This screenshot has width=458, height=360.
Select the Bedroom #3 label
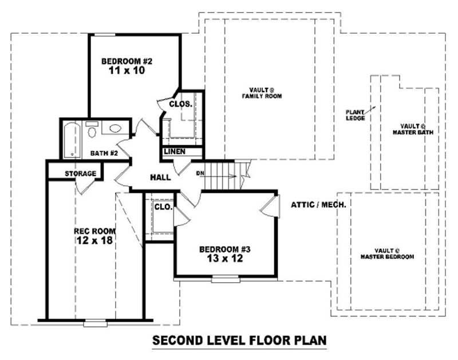(225, 249)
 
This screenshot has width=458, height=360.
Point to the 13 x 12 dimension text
(225, 259)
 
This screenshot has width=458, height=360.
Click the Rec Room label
(95, 231)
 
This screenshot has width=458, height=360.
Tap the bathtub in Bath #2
(72, 139)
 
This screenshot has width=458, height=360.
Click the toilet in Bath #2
(91, 131)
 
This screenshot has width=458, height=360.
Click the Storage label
(80, 173)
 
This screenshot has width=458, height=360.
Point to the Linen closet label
(173, 152)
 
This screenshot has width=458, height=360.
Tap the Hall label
(160, 177)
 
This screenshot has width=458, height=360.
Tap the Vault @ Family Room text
(266, 93)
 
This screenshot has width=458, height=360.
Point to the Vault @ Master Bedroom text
(387, 254)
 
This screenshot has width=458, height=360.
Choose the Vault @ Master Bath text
(413, 129)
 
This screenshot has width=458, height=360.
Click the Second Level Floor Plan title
(239, 341)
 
